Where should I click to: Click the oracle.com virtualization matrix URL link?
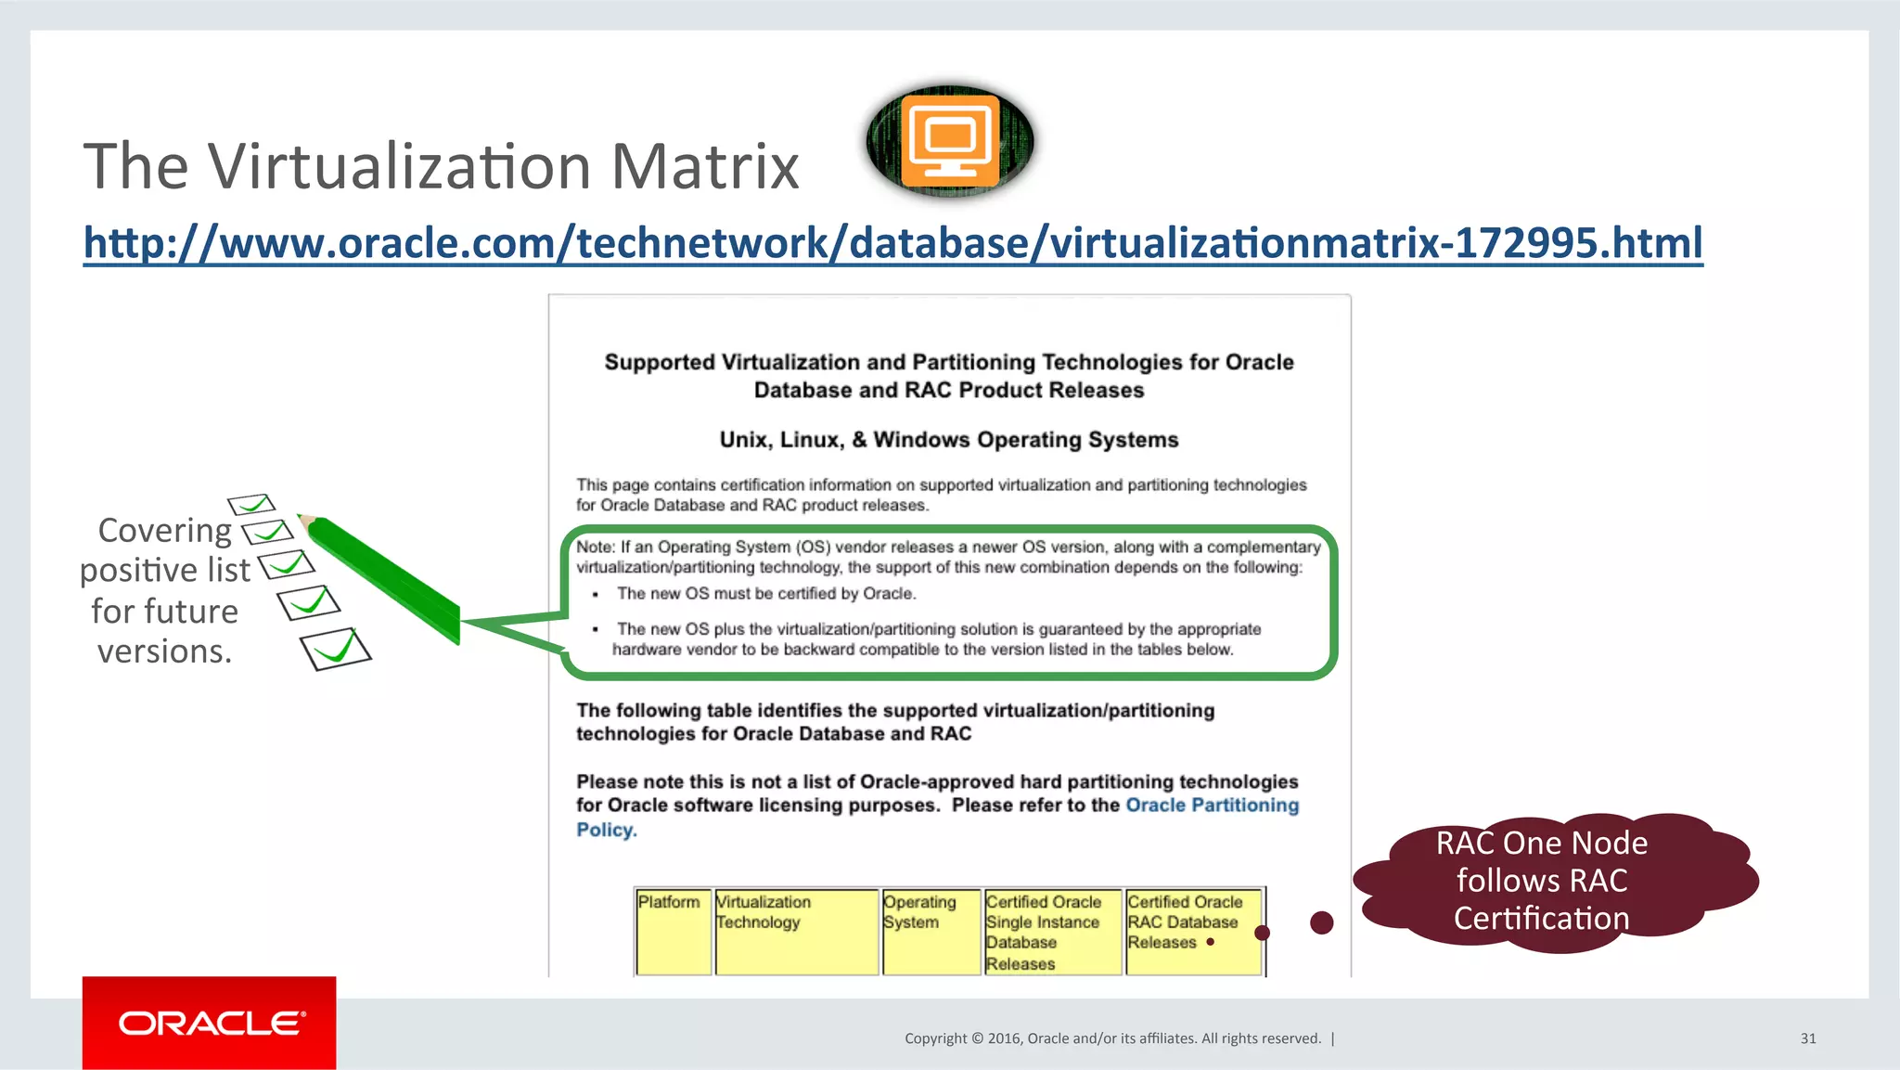coord(892,243)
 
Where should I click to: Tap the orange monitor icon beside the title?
coord(950,140)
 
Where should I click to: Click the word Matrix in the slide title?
coord(704,167)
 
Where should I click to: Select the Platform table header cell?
coord(673,931)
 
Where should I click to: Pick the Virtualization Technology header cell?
coord(796,931)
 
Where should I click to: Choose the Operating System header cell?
coord(931,931)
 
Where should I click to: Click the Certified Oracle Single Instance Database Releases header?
coord(1052,932)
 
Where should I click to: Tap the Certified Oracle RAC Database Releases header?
coord(1193,931)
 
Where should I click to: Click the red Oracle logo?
coord(210,1023)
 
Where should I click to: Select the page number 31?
coord(1808,1038)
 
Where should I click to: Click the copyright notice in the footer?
coord(1112,1038)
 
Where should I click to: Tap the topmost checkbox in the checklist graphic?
coord(251,504)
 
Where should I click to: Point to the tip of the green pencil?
coord(302,517)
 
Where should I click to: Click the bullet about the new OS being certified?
coord(766,594)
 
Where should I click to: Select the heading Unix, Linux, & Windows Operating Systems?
coord(949,440)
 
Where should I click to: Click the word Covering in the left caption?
coord(165,531)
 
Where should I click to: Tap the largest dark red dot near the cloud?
coord(1322,922)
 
